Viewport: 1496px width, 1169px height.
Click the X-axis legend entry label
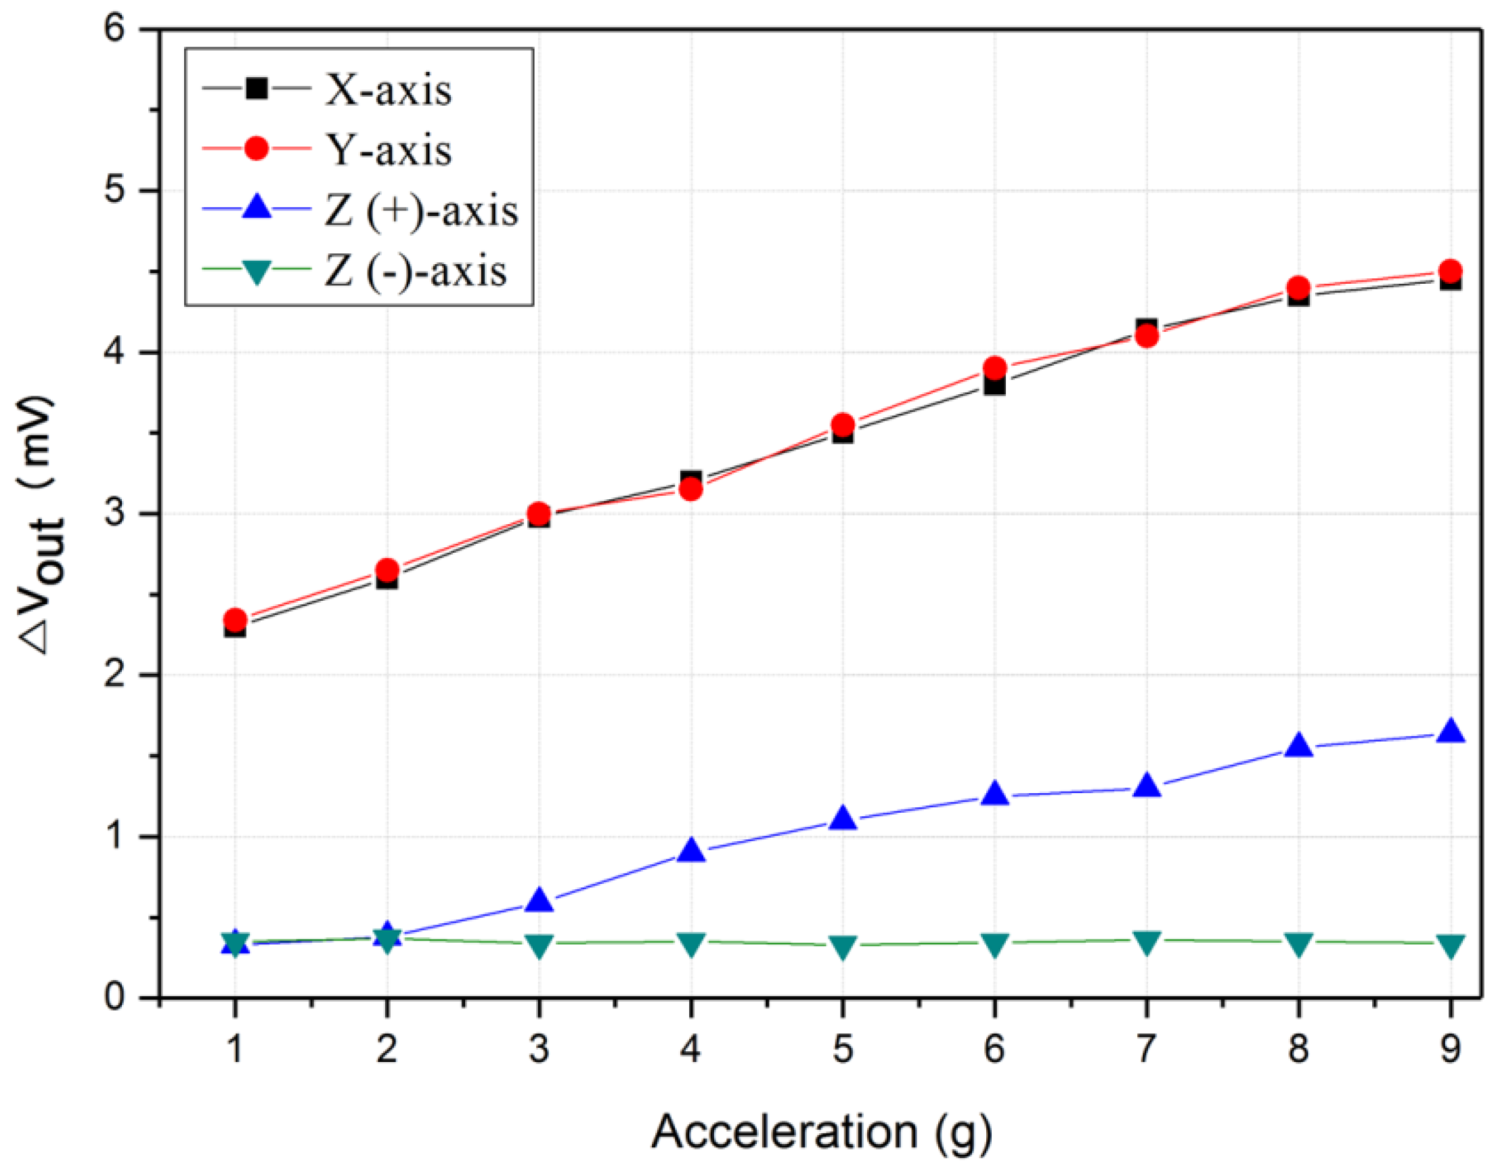(389, 90)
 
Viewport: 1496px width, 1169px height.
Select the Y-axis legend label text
(389, 150)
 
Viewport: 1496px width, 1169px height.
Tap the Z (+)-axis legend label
(420, 211)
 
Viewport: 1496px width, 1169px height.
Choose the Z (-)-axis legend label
(415, 271)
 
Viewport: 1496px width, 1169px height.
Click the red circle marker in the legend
(256, 148)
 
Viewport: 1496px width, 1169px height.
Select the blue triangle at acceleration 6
(994, 794)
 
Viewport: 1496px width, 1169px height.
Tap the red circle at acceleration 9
(1450, 270)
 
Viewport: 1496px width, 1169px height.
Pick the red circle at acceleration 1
(235, 620)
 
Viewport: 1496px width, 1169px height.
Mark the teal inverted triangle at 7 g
(1147, 942)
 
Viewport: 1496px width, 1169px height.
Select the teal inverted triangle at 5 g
(843, 947)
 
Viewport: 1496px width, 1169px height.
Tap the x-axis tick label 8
(1298, 1049)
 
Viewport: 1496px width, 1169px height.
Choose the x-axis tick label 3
(539, 1049)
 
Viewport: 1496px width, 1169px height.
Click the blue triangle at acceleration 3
(539, 900)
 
